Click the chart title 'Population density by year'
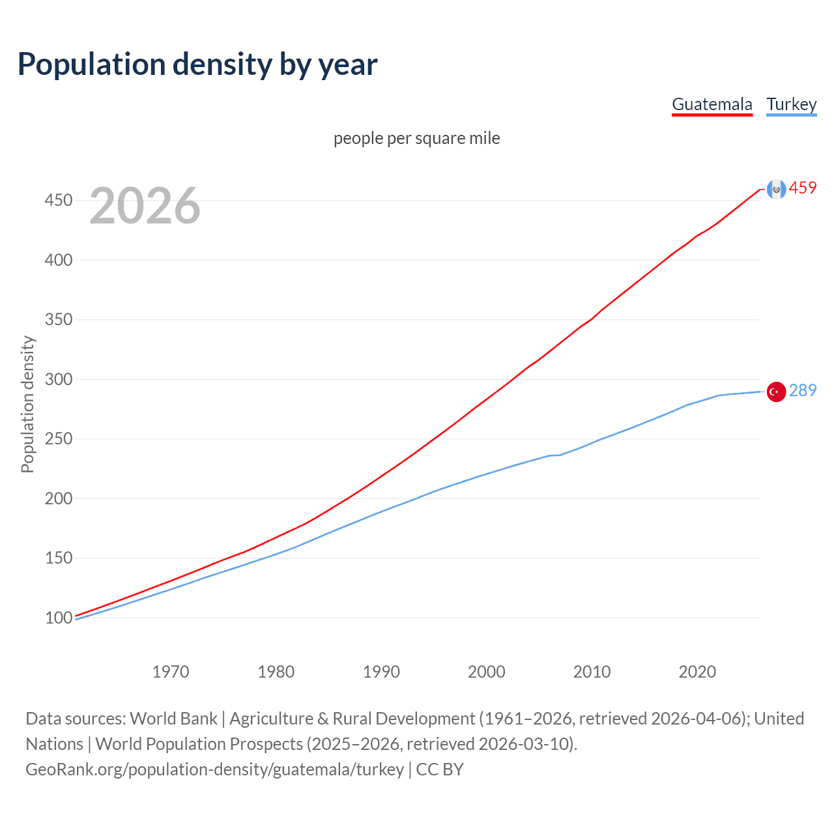coord(197,65)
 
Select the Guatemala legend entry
coord(712,104)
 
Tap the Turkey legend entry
coord(791,104)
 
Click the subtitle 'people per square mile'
coord(416,138)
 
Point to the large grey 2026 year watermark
coord(145,206)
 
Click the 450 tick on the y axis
coord(59,200)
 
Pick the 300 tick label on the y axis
coord(59,379)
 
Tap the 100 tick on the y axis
coord(59,618)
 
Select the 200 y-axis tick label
coord(59,498)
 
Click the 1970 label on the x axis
coord(171,672)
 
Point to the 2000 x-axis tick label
coord(487,672)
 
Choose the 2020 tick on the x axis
coord(697,672)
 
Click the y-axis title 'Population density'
coord(27,404)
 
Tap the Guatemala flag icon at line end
coord(776,189)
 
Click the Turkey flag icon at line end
coord(776,392)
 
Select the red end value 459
coord(803,188)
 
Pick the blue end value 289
coord(803,390)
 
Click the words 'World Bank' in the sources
coord(173,719)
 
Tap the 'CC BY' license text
coord(440,769)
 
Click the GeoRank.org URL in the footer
coord(215,769)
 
